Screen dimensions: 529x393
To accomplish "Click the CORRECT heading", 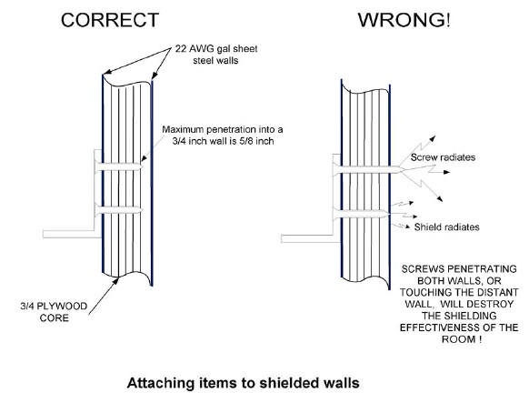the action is pyautogui.click(x=110, y=20).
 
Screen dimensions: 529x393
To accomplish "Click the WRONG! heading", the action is pyautogui.click(x=404, y=20).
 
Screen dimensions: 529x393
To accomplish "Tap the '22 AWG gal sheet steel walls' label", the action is pyautogui.click(x=216, y=55).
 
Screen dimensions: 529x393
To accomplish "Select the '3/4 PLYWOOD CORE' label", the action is pyautogui.click(x=54, y=312).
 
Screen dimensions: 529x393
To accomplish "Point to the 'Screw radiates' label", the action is pyautogui.click(x=443, y=157).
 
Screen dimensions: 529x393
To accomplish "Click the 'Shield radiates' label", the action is pyautogui.click(x=446, y=227).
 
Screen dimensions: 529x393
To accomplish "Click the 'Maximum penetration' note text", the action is pyautogui.click(x=223, y=135).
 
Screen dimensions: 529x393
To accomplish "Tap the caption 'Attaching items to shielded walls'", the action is pyautogui.click(x=243, y=383).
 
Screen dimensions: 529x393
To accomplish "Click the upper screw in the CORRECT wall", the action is pyautogui.click(x=118, y=166).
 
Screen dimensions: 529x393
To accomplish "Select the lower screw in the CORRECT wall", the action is pyautogui.click(x=119, y=210).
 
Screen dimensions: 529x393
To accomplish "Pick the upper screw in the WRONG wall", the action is pyautogui.click(x=368, y=170).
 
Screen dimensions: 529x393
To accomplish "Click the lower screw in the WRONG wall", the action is pyautogui.click(x=361, y=214).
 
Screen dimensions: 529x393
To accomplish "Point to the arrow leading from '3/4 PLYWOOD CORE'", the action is pyautogui.click(x=104, y=296).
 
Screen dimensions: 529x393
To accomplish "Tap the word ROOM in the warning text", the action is pyautogui.click(x=458, y=339).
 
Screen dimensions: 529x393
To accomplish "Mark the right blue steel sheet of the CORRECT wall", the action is pyautogui.click(x=152, y=183).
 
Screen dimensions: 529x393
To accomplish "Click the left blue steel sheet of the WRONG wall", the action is pyautogui.click(x=342, y=179).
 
